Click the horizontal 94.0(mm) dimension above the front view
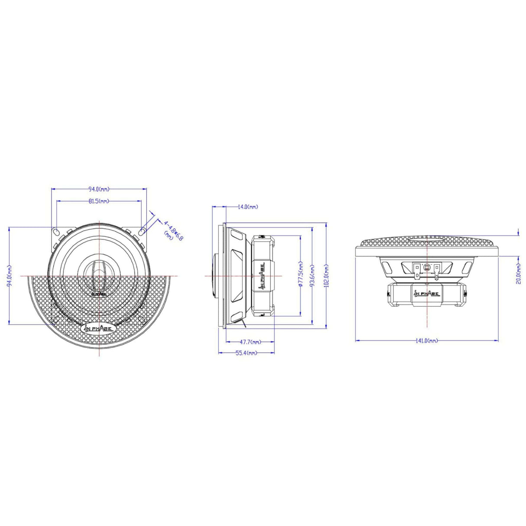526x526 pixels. [x=99, y=189]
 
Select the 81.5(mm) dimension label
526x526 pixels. [x=99, y=201]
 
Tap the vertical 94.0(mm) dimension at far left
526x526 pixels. [x=10, y=276]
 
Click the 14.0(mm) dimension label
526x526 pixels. [x=247, y=207]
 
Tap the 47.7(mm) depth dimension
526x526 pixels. [x=250, y=341]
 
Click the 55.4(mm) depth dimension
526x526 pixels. [x=246, y=353]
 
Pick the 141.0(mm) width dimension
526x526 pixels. [x=427, y=341]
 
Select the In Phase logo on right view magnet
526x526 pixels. [x=427, y=294]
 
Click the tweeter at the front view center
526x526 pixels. [x=99, y=276]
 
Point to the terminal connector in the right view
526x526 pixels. [x=427, y=269]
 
